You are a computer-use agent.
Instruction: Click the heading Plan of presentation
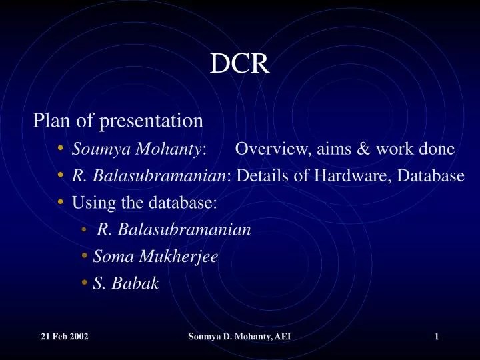(x=118, y=121)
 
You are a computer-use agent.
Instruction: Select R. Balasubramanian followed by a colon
(x=151, y=176)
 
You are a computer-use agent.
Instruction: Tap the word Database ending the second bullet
(x=433, y=176)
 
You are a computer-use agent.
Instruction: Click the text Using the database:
(x=145, y=203)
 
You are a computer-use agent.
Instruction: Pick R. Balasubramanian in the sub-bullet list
(x=174, y=230)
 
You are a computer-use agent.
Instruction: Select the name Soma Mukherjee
(x=156, y=257)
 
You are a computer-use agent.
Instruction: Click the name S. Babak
(x=126, y=283)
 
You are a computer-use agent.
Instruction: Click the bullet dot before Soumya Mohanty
(x=61, y=149)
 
